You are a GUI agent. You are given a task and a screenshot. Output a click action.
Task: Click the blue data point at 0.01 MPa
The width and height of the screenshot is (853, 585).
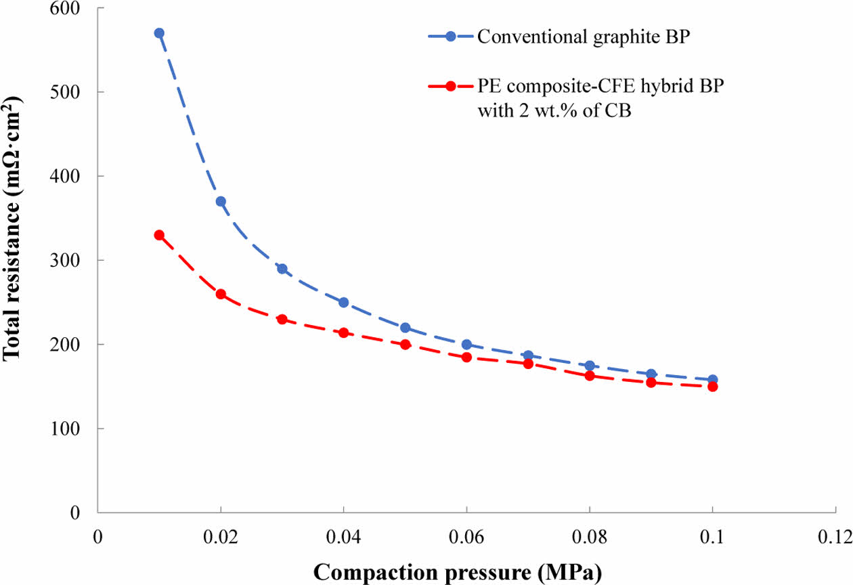159,33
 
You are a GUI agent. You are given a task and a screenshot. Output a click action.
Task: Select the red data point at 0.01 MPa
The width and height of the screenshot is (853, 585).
159,235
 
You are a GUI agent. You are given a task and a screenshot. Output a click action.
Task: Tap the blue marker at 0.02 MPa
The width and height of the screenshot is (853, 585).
221,201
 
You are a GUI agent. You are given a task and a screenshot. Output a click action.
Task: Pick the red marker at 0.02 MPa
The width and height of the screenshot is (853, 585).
221,295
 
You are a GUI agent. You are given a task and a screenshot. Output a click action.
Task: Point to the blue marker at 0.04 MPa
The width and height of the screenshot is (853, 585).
343,302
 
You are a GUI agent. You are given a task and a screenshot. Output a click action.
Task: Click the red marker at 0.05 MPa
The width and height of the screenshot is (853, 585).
405,344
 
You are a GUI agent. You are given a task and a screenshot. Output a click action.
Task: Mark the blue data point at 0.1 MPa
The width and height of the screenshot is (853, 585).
712,380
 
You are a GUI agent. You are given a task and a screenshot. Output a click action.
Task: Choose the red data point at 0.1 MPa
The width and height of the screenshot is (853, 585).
712,387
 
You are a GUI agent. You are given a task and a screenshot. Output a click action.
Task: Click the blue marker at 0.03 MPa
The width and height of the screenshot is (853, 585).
282,269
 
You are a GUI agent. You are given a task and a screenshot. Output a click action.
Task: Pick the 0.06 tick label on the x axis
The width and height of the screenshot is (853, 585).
466,536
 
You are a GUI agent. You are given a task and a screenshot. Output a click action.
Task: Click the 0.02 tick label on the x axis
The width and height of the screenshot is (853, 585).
221,536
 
